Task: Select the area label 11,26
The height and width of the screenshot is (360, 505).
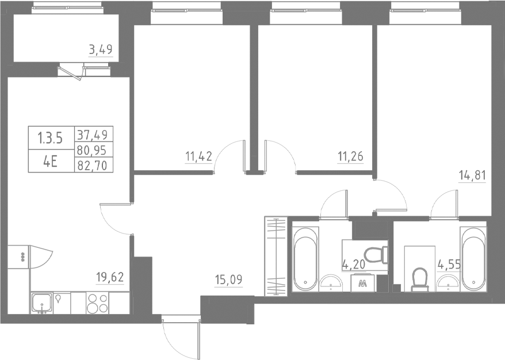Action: (x=351, y=156)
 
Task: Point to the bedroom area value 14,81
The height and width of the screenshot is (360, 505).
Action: (x=473, y=175)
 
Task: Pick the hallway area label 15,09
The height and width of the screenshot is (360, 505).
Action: (x=229, y=281)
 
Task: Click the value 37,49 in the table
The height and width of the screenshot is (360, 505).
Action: (x=94, y=134)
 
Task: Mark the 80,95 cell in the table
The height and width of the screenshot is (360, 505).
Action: (x=94, y=151)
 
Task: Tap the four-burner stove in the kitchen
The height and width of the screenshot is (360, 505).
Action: (x=97, y=302)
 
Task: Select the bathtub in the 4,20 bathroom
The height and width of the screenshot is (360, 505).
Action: (x=305, y=259)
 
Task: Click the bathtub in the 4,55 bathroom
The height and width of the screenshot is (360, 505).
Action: (x=473, y=259)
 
